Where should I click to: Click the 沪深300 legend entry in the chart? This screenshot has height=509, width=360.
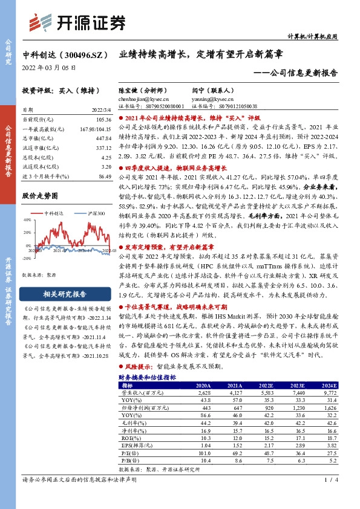pyautogui.click(x=91, y=213)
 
